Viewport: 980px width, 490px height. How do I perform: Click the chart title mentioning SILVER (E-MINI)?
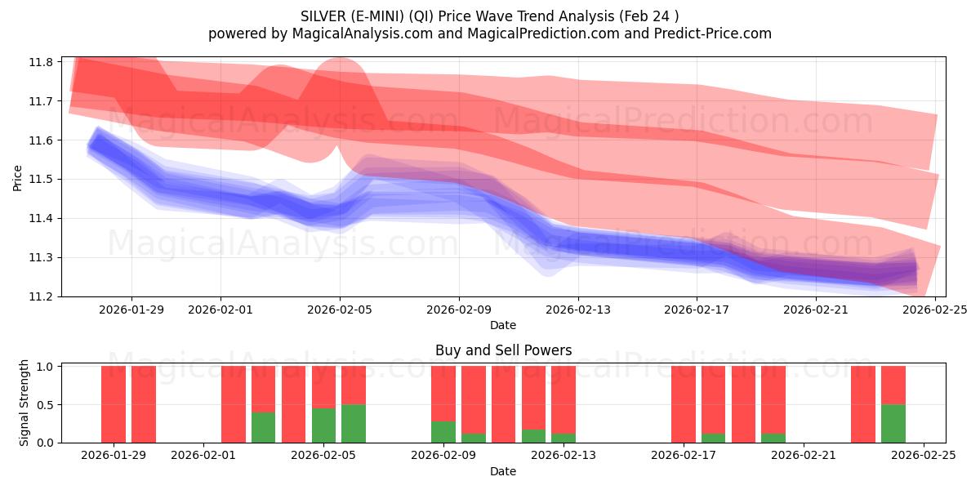click(x=489, y=16)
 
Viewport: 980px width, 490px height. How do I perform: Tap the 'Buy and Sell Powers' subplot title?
click(x=503, y=350)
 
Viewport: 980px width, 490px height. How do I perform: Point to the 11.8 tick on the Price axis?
click(x=42, y=62)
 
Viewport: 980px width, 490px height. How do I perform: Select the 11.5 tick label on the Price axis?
click(x=42, y=180)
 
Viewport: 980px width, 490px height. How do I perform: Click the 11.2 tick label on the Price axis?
click(x=42, y=296)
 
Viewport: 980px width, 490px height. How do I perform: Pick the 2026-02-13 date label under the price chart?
click(x=577, y=310)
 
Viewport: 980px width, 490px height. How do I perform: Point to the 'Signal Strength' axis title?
click(x=24, y=403)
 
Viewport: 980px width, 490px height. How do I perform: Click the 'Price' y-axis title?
click(x=18, y=178)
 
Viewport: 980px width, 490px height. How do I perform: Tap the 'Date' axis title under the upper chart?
click(x=503, y=325)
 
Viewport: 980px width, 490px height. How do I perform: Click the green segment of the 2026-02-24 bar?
click(x=893, y=423)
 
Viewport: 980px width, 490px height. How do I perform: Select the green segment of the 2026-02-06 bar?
click(x=354, y=423)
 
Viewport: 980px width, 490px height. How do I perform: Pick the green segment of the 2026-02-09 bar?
click(x=443, y=432)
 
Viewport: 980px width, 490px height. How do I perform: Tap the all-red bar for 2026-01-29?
click(x=144, y=404)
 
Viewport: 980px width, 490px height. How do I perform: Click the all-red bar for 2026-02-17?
click(x=684, y=404)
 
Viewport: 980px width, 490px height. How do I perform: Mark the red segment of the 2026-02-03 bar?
click(x=264, y=389)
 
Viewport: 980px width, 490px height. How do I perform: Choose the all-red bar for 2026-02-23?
click(x=863, y=404)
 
